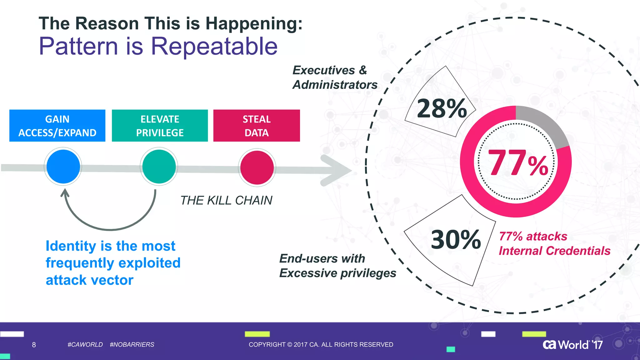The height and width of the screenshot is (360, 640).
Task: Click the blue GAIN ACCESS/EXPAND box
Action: [x=57, y=126]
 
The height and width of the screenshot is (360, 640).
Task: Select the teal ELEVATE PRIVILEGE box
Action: [x=160, y=126]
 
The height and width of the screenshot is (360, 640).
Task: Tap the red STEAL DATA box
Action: [x=257, y=126]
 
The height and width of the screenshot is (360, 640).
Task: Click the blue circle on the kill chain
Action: [x=63, y=167]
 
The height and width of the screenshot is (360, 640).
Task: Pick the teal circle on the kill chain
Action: [x=159, y=167]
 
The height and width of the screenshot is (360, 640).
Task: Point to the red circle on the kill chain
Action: [x=257, y=167]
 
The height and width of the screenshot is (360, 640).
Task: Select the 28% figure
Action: [x=442, y=108]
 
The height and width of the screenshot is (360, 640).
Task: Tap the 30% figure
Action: [x=456, y=240]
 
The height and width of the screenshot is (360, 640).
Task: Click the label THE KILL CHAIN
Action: [x=226, y=200]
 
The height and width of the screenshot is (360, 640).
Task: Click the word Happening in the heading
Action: [x=254, y=23]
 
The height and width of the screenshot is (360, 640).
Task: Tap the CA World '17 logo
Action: [x=572, y=345]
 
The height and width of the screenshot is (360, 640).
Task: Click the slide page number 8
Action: [x=34, y=345]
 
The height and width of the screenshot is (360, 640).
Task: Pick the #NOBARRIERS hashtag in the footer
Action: [x=132, y=345]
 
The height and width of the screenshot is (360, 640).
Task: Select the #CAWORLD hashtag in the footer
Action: [x=85, y=345]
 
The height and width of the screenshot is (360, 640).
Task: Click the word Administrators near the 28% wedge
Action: [x=335, y=85]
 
